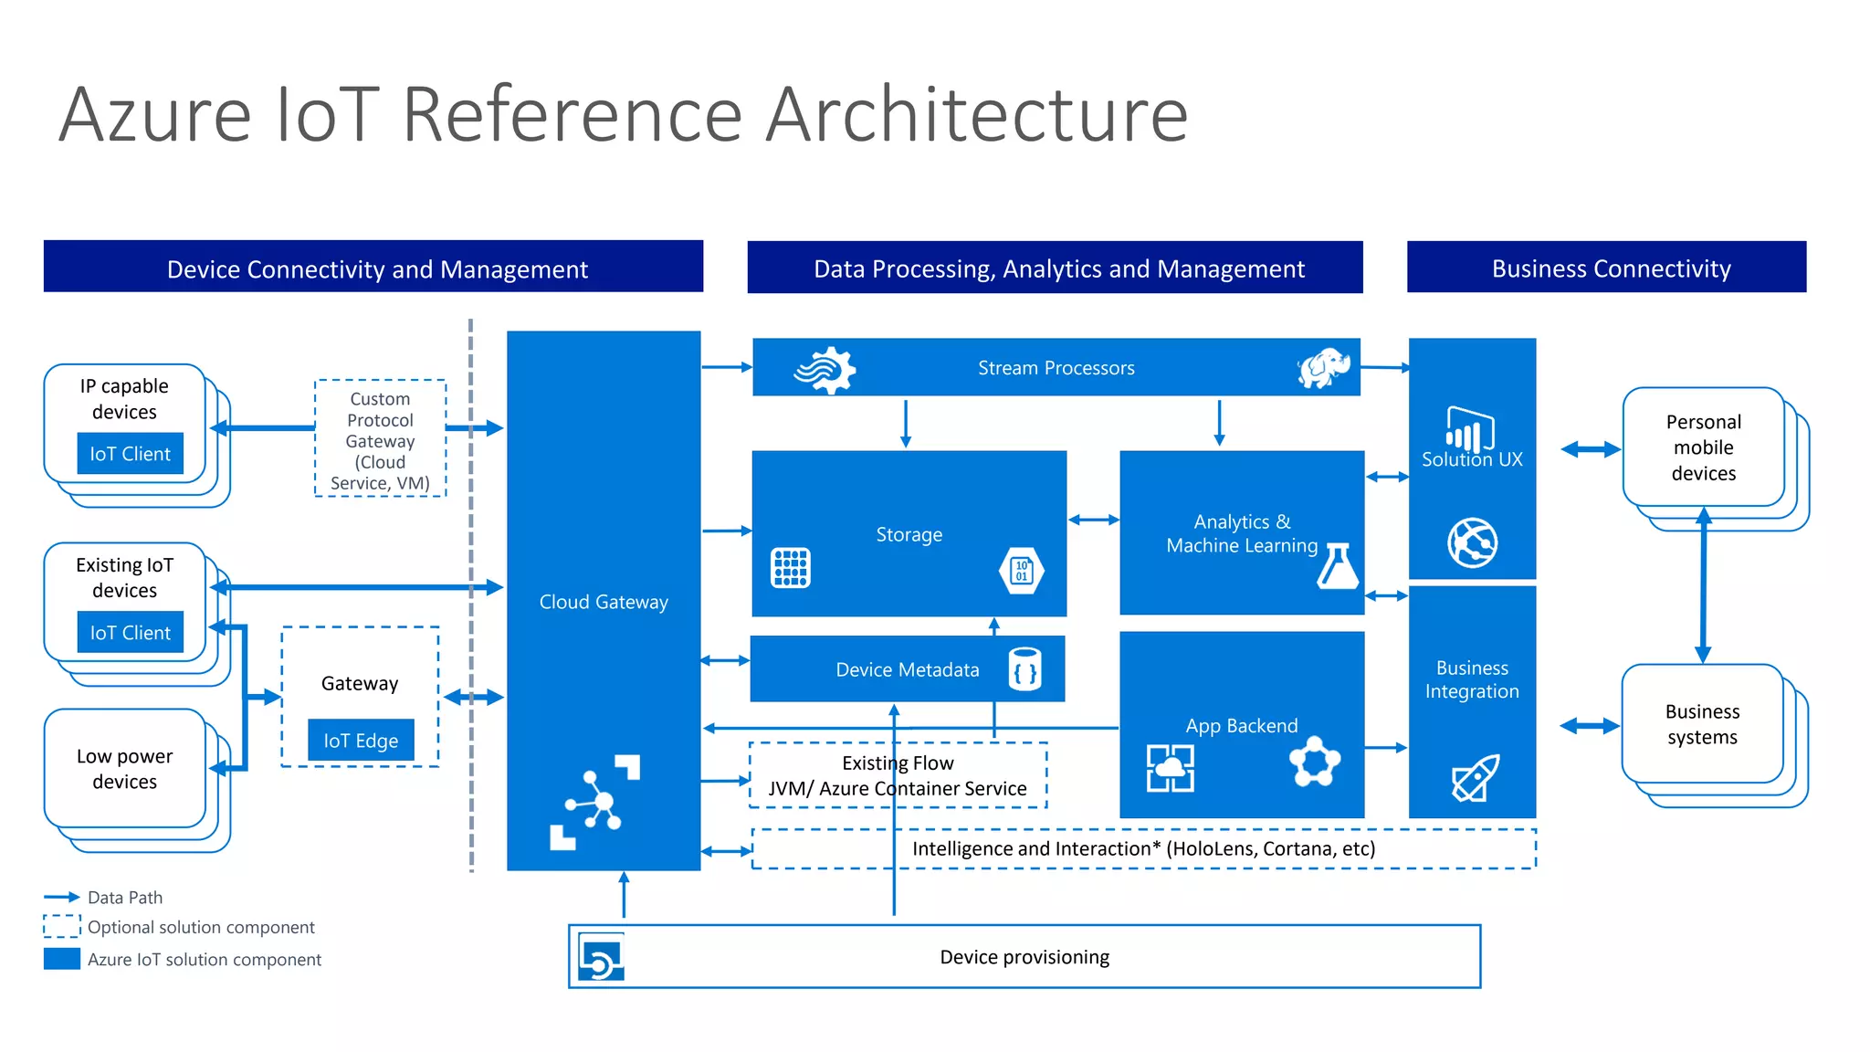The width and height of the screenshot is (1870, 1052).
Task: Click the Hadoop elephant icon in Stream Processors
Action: [x=1324, y=368]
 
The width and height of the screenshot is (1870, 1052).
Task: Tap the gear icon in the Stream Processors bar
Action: [x=825, y=370]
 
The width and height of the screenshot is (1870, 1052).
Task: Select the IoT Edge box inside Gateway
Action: [x=361, y=741]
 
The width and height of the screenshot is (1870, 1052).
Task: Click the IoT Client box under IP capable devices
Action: [x=130, y=454]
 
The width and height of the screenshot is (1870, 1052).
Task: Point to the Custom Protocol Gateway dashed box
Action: [x=380, y=439]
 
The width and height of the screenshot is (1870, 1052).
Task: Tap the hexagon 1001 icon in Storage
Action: [x=1022, y=571]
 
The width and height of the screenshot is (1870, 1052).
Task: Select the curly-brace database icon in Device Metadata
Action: [x=1025, y=669]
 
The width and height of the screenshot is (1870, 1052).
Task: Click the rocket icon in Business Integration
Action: [x=1475, y=778]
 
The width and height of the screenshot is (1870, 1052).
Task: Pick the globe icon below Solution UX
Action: [x=1472, y=542]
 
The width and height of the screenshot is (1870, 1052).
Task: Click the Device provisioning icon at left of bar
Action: [x=602, y=957]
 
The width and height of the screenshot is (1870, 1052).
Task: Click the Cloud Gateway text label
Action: [x=604, y=602]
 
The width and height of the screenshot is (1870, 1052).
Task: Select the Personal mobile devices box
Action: [x=1703, y=447]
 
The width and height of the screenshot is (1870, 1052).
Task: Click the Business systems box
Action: [x=1702, y=724]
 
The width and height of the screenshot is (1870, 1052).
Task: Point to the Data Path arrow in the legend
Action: [x=62, y=897]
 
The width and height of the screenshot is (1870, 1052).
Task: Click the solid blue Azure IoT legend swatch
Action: [x=62, y=959]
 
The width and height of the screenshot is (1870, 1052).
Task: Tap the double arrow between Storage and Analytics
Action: [x=1093, y=520]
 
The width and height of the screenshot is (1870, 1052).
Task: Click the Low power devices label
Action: [x=124, y=769]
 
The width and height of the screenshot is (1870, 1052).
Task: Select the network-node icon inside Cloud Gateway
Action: [x=594, y=803]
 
